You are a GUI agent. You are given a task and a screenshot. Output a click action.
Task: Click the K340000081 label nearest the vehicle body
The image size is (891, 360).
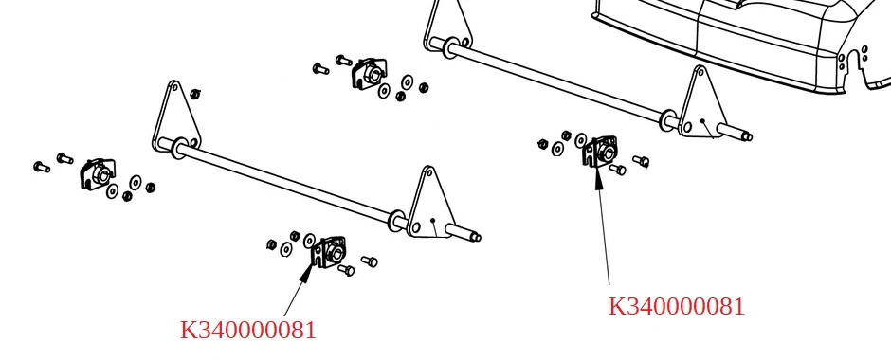pyautogui.click(x=676, y=307)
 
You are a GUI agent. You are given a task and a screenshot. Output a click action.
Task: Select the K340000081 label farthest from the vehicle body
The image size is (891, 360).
pyautogui.click(x=247, y=330)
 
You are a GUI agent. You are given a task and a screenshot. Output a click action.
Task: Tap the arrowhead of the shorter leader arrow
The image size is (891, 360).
pyautogui.click(x=307, y=272)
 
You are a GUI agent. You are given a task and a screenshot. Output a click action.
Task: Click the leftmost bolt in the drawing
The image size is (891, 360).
pyautogui.click(x=42, y=167)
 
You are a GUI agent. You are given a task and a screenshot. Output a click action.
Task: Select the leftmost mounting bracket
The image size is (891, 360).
pyautogui.click(x=98, y=173)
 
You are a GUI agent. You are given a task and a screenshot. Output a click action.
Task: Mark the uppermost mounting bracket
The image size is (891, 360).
pyautogui.click(x=370, y=73)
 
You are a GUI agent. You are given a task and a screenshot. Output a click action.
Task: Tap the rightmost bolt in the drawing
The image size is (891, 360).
pyautogui.click(x=641, y=161)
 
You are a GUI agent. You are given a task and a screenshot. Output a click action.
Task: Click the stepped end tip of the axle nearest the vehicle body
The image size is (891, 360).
pyautogui.click(x=748, y=136)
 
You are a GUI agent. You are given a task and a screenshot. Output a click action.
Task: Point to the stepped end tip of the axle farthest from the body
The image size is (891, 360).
pyautogui.click(x=476, y=238)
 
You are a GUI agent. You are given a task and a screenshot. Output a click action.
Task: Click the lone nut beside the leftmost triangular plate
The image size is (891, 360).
pyautogui.click(x=195, y=94)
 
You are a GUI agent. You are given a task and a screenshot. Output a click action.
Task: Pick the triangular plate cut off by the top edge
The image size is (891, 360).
pyautogui.click(x=449, y=26)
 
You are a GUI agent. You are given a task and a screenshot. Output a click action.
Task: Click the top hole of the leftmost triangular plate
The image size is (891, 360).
pyautogui.click(x=173, y=89)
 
